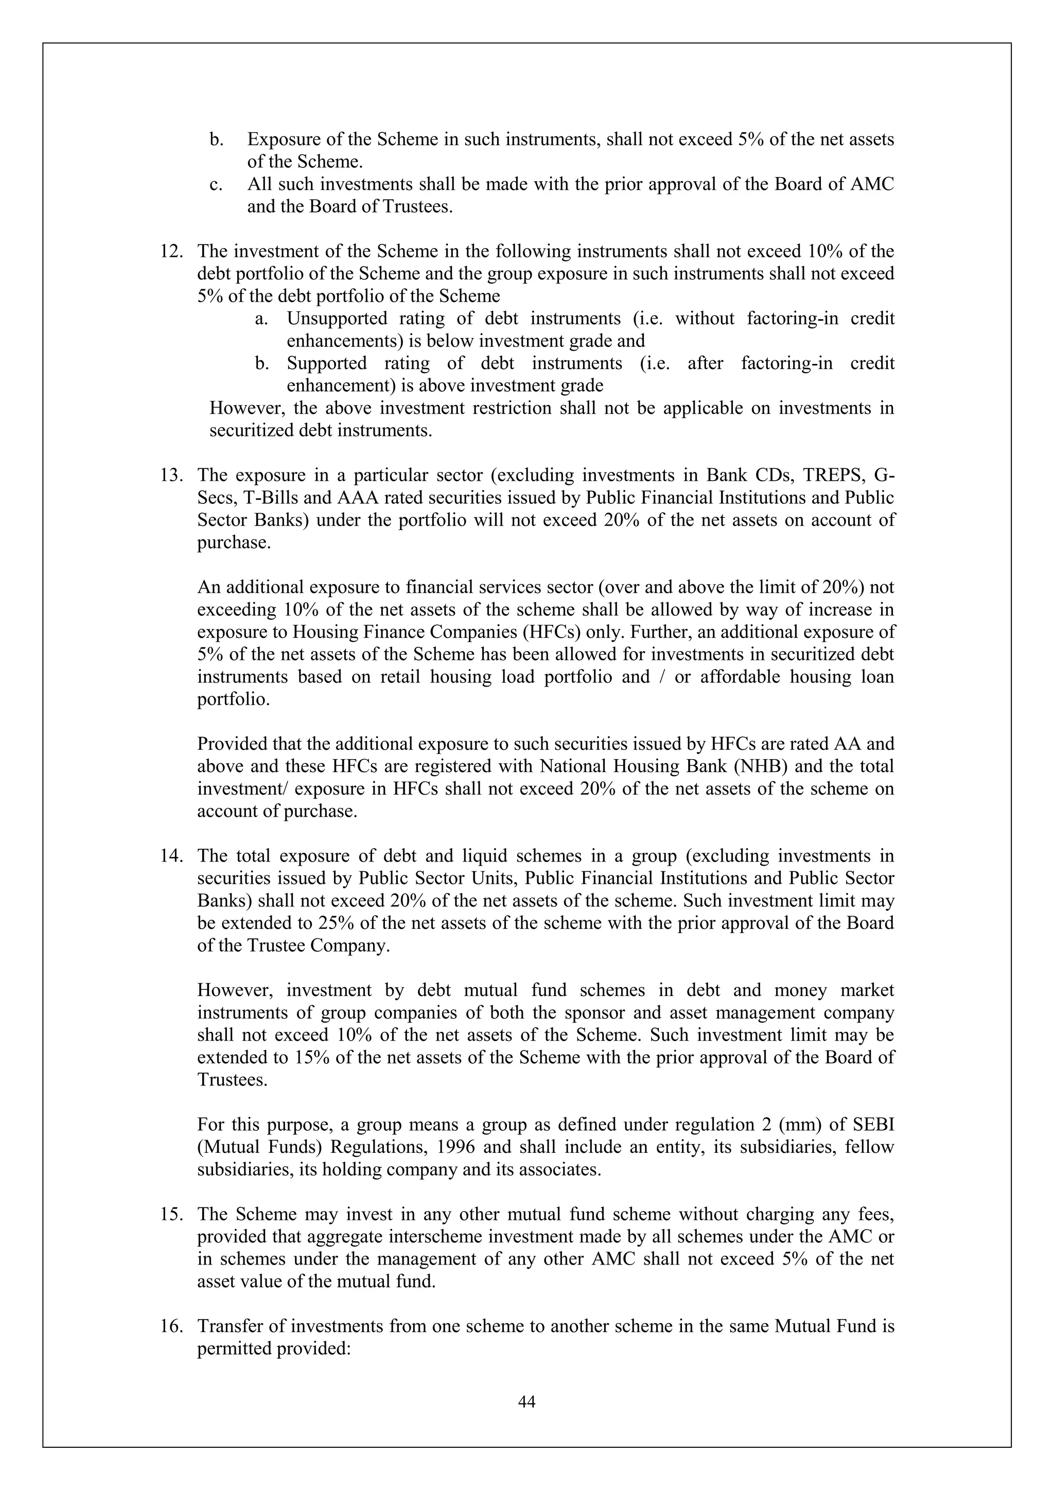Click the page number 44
coord(526,1402)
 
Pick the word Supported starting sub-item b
coord(326,363)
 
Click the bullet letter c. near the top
coord(216,184)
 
